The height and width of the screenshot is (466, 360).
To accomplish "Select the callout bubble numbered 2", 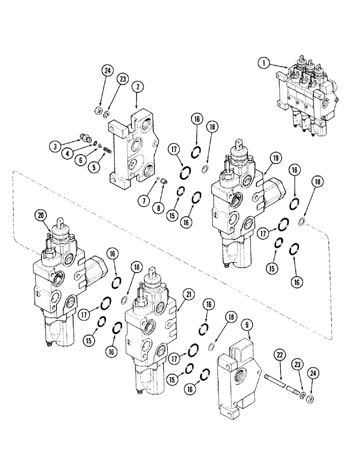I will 137,86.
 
